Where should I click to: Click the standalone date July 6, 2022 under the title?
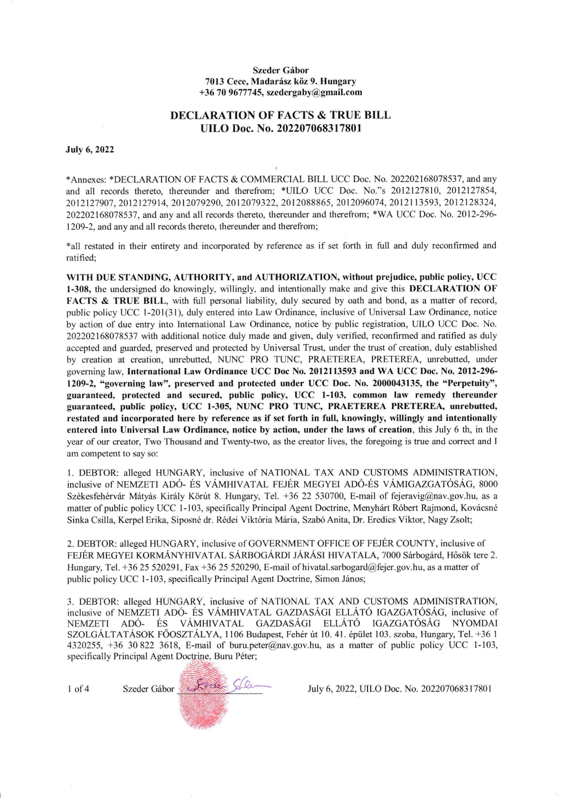90,150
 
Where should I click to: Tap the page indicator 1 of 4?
78,689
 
